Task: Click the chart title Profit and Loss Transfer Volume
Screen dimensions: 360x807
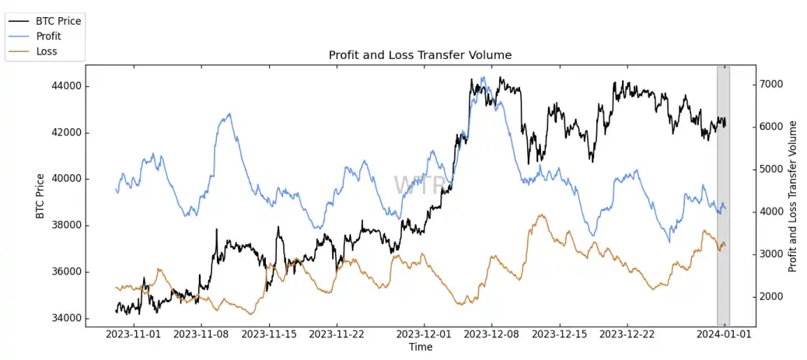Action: point(420,55)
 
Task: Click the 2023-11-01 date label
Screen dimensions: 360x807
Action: point(134,334)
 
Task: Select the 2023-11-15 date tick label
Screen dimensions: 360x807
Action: point(269,334)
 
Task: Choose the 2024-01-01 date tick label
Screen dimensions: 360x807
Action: point(724,334)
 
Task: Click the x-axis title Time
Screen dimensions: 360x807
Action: point(421,347)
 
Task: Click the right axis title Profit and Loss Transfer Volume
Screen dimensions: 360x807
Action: point(793,196)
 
